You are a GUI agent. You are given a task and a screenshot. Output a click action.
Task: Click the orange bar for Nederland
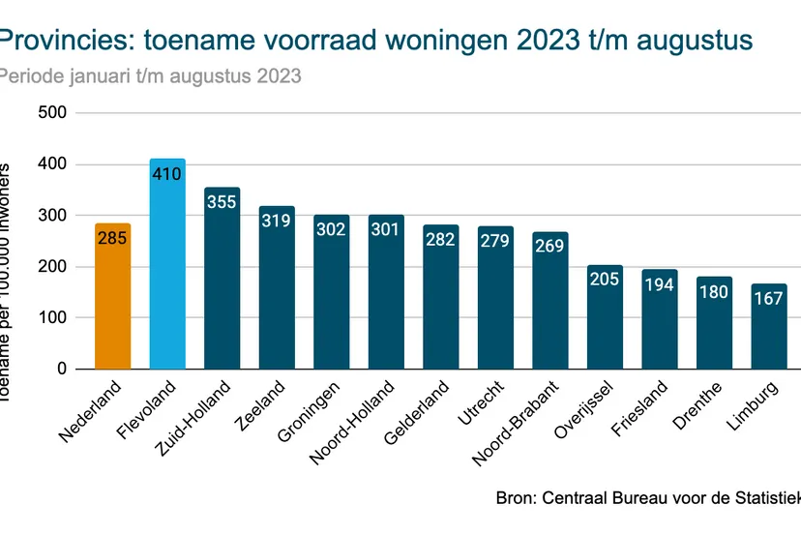(113, 300)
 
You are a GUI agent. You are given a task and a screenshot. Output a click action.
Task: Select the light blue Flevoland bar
(167, 281)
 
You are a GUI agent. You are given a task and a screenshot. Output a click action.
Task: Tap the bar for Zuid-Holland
(222, 290)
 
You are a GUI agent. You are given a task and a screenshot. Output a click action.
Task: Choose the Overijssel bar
(606, 319)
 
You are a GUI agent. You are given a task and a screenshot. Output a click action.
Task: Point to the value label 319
(277, 221)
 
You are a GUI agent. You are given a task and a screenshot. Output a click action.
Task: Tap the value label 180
(715, 291)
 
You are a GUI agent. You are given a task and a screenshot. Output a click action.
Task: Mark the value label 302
(332, 229)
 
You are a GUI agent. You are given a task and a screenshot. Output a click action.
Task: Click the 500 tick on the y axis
(54, 112)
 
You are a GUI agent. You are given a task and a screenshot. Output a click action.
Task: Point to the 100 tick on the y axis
(54, 317)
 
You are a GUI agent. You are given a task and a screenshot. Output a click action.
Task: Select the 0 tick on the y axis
(61, 369)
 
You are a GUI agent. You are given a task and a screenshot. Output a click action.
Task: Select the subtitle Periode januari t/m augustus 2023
(150, 75)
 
